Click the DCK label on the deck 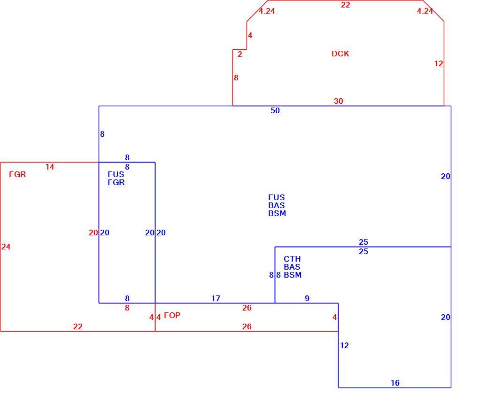340,54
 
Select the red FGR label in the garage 17,175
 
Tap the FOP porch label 172,315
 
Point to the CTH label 293,259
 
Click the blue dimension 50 275,111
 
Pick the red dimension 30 339,101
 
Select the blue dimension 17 216,298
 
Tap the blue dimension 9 307,298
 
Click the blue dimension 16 395,383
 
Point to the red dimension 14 50,167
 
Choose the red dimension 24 6,247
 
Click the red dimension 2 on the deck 240,54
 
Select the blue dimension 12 344,345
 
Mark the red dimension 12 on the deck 439,63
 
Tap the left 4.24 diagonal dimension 267,11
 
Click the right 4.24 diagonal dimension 425,11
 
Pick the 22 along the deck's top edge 346,5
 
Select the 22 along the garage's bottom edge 78,327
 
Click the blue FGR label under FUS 116,182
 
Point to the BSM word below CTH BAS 293,275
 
